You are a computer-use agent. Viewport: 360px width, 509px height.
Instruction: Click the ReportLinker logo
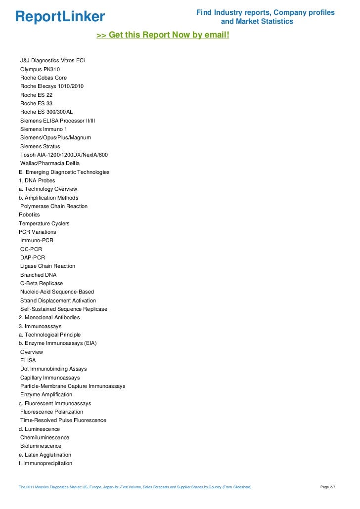[x=60, y=17]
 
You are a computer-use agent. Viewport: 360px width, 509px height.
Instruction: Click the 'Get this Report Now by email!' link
[x=163, y=36]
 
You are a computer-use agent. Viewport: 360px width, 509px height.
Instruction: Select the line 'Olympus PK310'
[x=40, y=69]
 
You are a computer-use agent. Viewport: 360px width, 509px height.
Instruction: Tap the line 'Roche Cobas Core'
[x=44, y=78]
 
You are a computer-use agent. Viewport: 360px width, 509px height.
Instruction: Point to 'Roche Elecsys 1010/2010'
[x=52, y=86]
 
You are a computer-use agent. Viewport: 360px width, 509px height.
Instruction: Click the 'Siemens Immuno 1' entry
[x=44, y=129]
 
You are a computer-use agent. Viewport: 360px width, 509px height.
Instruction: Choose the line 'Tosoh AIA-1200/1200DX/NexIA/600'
[x=64, y=155]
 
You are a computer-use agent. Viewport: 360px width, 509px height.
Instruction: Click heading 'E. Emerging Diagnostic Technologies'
[x=64, y=172]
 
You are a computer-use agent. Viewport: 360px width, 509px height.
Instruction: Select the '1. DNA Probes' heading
[x=37, y=180]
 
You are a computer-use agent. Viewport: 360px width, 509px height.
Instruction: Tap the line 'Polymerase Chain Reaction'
[x=54, y=206]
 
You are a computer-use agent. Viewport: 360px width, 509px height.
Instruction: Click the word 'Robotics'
[x=29, y=215]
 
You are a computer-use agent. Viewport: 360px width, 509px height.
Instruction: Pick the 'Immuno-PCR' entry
[x=37, y=240]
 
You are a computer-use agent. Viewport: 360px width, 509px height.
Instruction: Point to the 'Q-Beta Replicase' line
[x=42, y=283]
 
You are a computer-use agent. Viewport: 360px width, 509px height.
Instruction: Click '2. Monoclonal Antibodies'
[x=49, y=317]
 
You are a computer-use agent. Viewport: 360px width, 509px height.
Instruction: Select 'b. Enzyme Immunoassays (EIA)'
[x=57, y=343]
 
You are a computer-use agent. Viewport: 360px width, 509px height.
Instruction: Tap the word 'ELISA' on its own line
[x=28, y=360]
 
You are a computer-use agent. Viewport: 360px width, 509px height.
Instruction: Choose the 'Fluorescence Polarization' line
[x=52, y=412]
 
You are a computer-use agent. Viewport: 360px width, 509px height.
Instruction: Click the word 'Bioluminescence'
[x=41, y=446]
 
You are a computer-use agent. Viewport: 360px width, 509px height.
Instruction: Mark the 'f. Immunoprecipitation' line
[x=45, y=463]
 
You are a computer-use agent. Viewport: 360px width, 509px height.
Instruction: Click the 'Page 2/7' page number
[x=328, y=487]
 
